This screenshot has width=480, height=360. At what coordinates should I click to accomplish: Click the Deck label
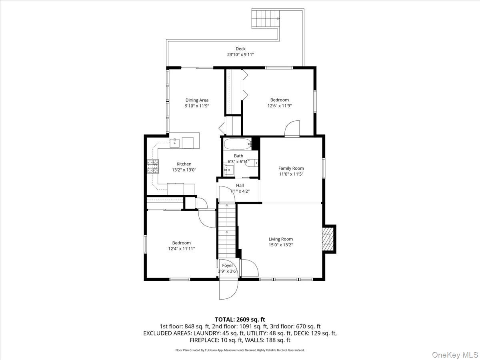coord(240,49)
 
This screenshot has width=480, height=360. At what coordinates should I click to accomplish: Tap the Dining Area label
coord(197,100)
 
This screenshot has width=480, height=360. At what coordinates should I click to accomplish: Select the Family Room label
coord(291,168)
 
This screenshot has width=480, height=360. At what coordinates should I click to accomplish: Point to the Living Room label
coord(281,239)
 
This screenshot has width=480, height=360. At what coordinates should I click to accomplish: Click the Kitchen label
coord(184,164)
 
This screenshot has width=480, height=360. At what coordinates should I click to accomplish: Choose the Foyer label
coord(228,266)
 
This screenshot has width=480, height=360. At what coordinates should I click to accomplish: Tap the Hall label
coord(240,186)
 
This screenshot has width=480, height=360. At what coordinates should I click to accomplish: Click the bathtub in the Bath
coord(237,144)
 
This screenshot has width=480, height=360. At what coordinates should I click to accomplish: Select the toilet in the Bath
coord(252,163)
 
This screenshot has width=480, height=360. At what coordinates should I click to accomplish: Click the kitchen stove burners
coord(152,166)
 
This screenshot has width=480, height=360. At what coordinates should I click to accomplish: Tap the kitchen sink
coord(175,142)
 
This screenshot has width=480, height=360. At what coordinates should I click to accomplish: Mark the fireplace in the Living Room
coord(328,239)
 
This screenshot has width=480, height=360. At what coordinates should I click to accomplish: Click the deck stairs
coord(264,18)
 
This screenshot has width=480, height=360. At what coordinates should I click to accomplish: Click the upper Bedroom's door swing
coord(292,129)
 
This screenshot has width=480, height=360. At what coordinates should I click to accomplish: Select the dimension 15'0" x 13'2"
coord(281,245)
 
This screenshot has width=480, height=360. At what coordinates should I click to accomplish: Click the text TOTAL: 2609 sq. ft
coord(240,319)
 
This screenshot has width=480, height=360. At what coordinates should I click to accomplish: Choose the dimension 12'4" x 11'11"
coord(181,248)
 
